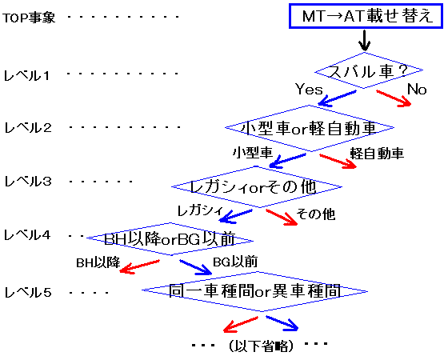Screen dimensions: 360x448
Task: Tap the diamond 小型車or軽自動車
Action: click(311, 127)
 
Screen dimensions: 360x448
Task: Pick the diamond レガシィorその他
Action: click(256, 186)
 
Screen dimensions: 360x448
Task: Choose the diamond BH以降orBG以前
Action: click(178, 239)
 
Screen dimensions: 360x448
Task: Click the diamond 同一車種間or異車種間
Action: click(255, 291)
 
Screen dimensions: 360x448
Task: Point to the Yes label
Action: click(309, 89)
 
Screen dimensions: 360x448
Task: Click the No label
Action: click(417, 89)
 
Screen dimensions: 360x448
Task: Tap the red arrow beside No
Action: click(393, 99)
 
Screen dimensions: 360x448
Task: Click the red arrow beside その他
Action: click(280, 218)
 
